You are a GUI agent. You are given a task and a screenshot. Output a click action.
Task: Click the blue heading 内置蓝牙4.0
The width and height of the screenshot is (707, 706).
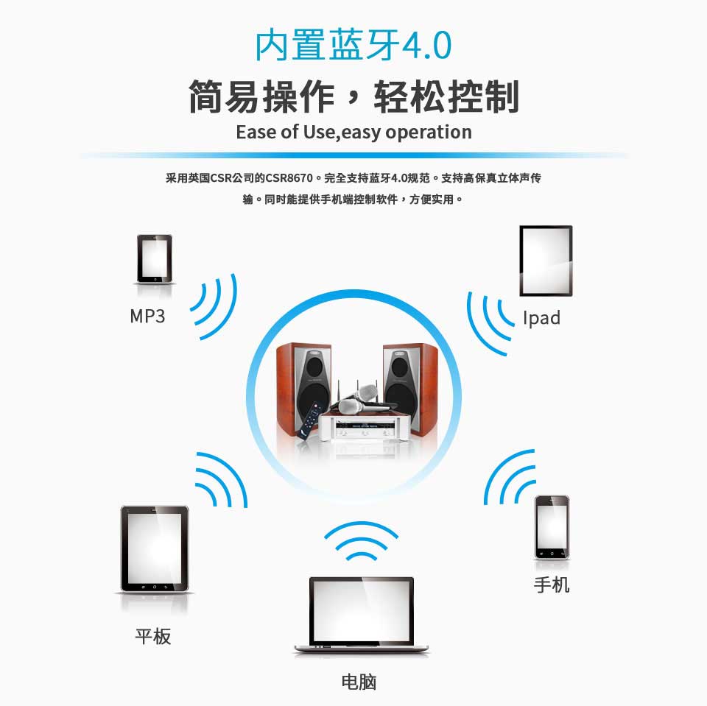pyautogui.click(x=353, y=46)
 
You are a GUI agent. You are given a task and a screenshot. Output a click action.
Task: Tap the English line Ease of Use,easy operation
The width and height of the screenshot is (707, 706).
pyautogui.click(x=353, y=133)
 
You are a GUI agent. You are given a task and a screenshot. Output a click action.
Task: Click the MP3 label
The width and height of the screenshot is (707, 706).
pyautogui.click(x=147, y=317)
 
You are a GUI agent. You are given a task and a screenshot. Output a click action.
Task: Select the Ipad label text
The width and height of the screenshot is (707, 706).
pyautogui.click(x=541, y=318)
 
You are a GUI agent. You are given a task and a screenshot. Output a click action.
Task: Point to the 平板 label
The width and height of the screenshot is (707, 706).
pyautogui.click(x=153, y=636)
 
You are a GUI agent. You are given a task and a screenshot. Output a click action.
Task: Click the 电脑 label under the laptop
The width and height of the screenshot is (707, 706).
pyautogui.click(x=359, y=682)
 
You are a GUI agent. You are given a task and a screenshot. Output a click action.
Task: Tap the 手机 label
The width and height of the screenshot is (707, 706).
pyautogui.click(x=552, y=585)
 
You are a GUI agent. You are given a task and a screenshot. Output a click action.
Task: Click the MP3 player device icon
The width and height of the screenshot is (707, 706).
pyautogui.click(x=154, y=258)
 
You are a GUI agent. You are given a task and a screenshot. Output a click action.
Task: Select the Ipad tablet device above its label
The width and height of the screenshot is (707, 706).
pyautogui.click(x=546, y=261)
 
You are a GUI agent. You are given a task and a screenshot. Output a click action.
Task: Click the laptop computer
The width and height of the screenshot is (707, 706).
pyautogui.click(x=361, y=615)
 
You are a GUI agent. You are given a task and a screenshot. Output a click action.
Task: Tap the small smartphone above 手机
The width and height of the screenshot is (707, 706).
pyautogui.click(x=552, y=527)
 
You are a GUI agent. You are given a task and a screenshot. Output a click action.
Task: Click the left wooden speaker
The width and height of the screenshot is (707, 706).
pyautogui.click(x=303, y=386)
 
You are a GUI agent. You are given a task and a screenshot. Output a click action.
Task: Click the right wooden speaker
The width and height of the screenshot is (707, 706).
pyautogui.click(x=409, y=386)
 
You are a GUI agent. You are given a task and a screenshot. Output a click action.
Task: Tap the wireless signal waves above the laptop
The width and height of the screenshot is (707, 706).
pyautogui.click(x=361, y=542)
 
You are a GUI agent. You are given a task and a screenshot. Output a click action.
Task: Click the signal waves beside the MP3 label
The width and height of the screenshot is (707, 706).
pyautogui.click(x=216, y=306)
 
